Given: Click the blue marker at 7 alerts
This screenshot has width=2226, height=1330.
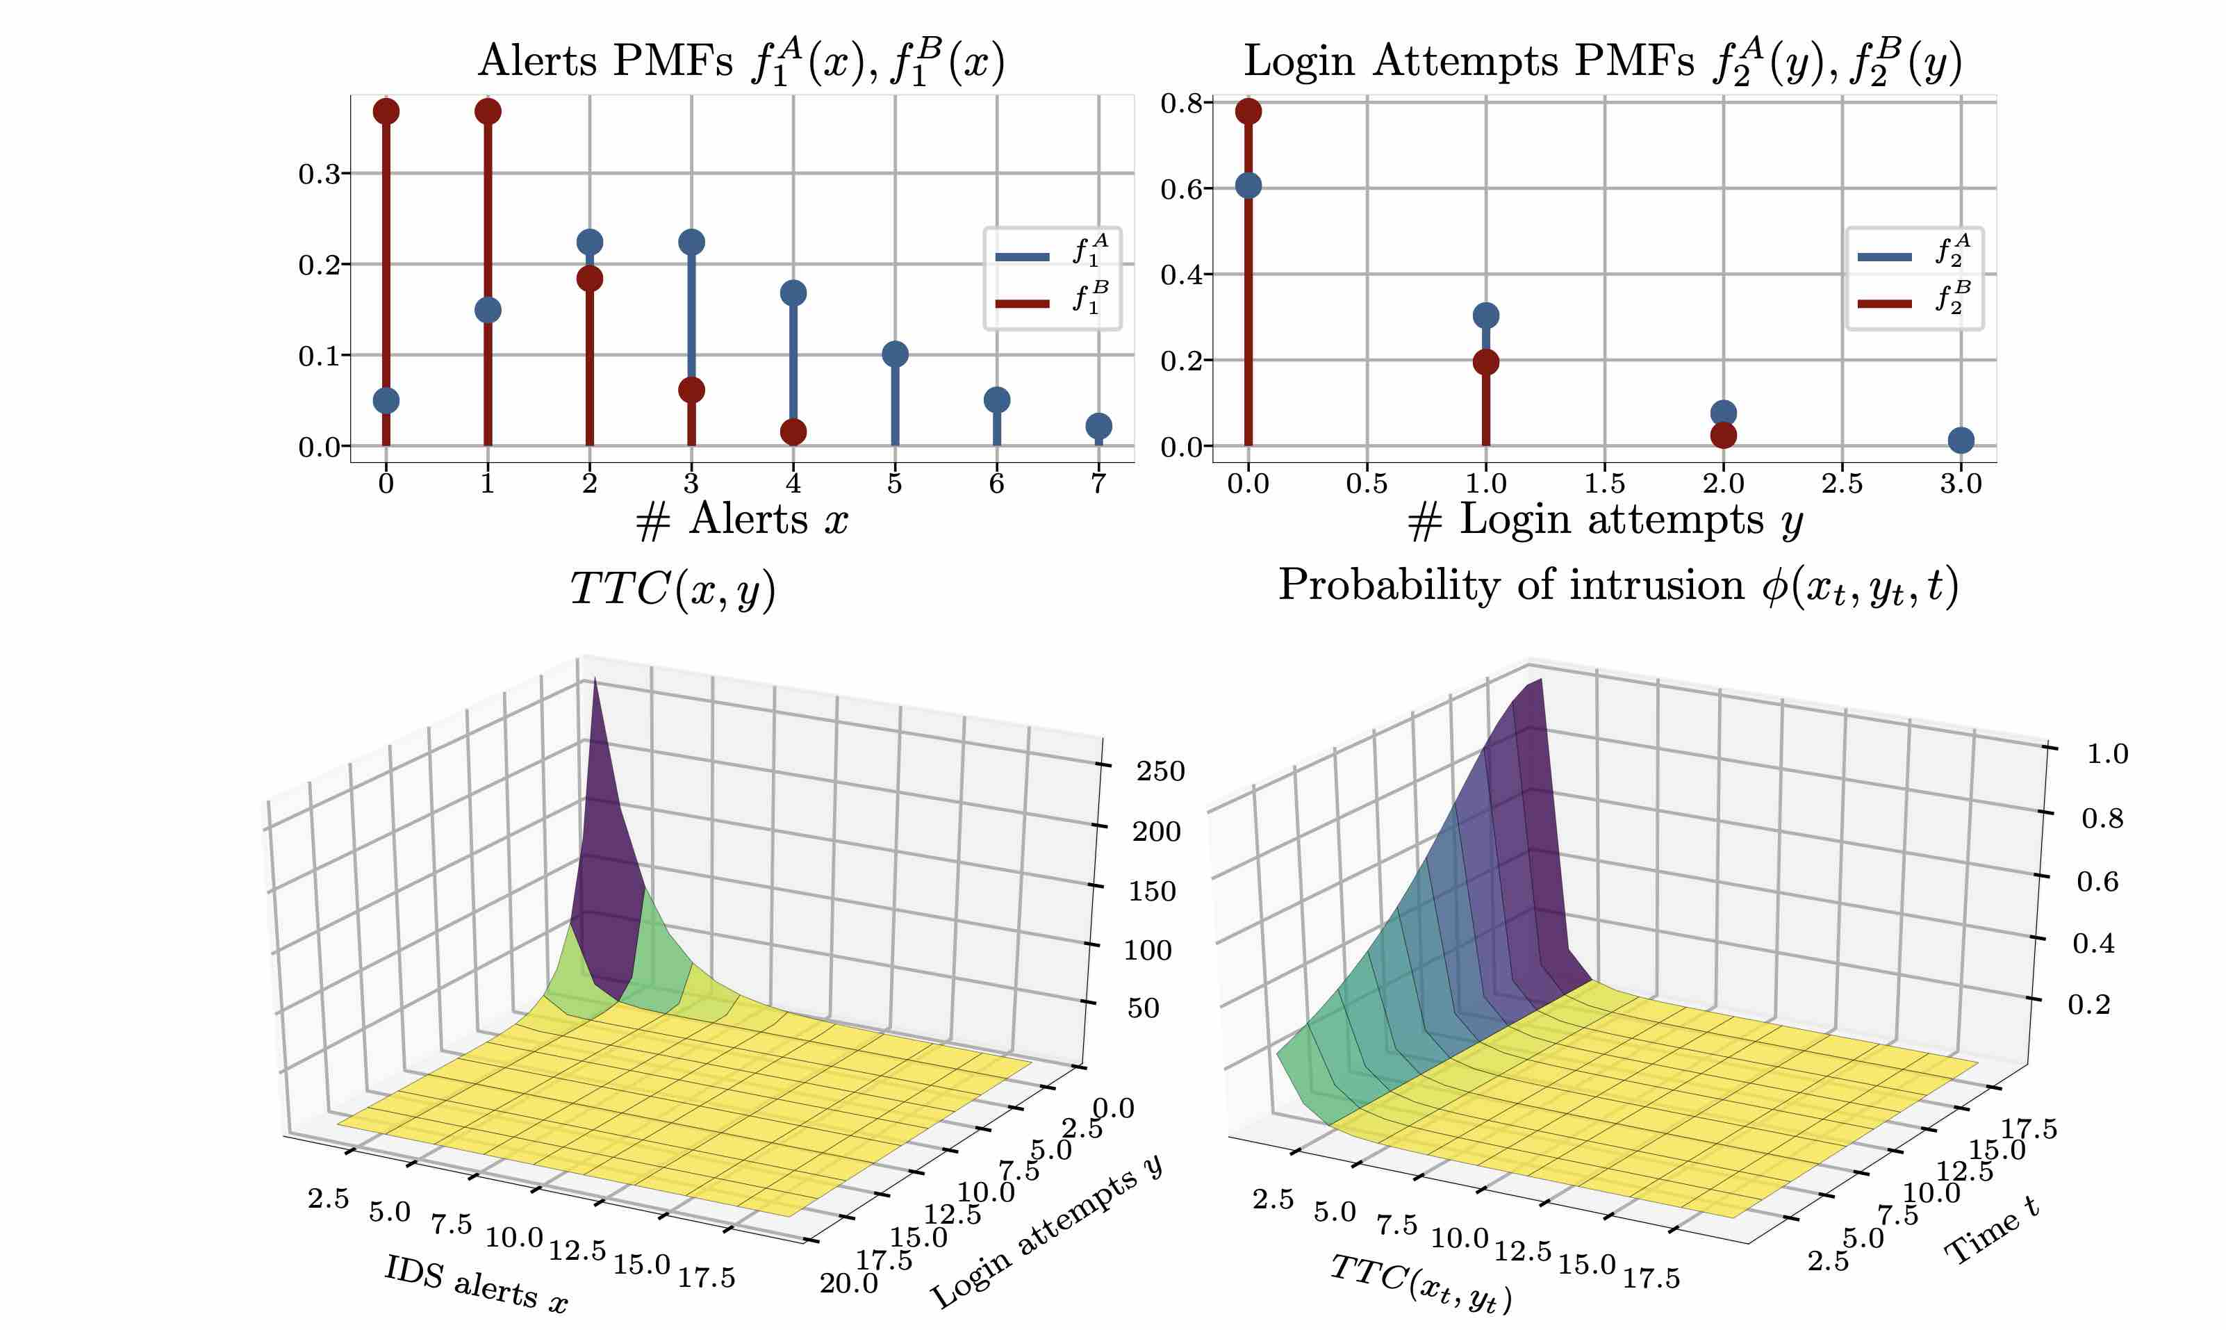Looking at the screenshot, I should tap(1098, 426).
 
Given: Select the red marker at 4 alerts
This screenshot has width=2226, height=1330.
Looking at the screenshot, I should tap(793, 432).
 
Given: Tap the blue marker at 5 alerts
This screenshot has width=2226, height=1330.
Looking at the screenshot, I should tap(895, 354).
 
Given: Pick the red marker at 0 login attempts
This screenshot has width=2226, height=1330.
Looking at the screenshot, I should tap(1248, 111).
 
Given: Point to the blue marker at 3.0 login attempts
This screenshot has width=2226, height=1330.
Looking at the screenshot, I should tap(1961, 440).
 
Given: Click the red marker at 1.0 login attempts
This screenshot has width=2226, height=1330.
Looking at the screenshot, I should tap(1485, 362).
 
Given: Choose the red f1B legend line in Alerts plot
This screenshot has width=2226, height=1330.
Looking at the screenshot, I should tap(1022, 303).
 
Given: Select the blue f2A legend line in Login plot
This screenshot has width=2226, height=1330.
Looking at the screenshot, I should tap(1883, 256).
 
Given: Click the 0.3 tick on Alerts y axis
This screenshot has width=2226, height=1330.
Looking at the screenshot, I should tap(319, 173).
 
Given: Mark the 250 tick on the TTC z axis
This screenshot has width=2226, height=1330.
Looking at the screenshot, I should tap(1160, 771).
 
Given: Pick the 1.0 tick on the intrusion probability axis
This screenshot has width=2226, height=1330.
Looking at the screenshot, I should tap(2107, 754).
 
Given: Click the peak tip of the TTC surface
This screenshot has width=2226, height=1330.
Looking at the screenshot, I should tap(594, 678).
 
